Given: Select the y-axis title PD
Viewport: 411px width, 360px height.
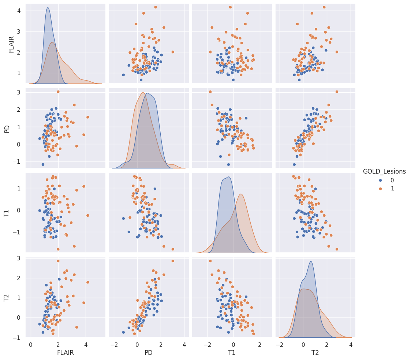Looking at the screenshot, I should tap(7, 129).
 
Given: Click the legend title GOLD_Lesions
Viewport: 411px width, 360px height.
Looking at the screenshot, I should tap(384, 171).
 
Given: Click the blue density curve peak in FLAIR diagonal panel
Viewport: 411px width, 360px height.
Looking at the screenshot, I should tap(48, 8).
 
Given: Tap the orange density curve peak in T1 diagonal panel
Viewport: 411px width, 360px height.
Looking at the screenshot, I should tap(240, 194).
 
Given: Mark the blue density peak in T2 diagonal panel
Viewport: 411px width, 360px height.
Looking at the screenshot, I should tap(311, 261).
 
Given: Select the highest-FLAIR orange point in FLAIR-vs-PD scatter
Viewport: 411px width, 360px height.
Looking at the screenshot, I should tap(156, 7).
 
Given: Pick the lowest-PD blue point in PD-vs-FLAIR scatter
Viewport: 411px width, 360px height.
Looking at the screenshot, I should tap(43, 164).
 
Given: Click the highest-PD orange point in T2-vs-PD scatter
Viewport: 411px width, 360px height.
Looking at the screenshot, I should tap(173, 261).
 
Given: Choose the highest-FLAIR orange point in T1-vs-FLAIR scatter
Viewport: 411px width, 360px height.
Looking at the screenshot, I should tap(87, 215).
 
